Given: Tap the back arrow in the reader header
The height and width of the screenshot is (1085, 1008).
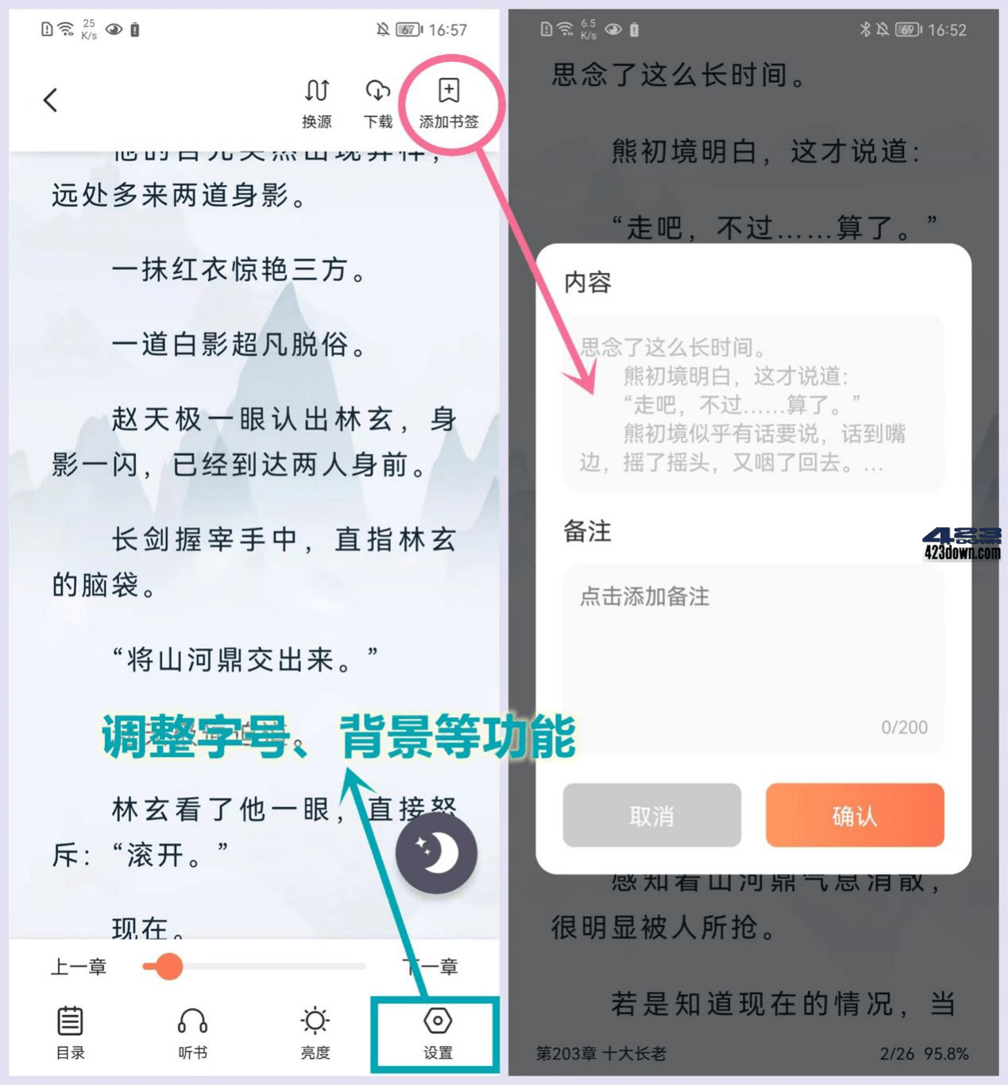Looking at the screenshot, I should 51,100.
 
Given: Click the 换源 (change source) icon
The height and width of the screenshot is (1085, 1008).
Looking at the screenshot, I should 317,102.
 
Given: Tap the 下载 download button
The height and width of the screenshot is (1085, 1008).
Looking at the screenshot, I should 378,102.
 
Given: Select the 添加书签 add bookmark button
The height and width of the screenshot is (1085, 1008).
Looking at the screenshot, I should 449,102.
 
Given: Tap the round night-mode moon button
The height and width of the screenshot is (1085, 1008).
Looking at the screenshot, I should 436,853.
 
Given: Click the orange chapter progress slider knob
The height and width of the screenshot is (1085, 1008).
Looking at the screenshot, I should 168,967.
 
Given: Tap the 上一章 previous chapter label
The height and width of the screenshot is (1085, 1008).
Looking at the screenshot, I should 79,967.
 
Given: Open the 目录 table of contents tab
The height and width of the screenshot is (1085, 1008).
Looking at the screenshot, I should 70,1032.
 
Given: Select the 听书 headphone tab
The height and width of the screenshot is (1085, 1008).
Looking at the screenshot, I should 192,1032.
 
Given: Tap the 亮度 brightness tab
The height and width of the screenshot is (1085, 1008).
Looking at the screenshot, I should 315,1032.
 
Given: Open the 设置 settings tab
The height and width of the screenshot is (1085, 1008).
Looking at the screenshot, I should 438,1032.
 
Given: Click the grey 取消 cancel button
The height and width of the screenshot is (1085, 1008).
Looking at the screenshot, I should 651,816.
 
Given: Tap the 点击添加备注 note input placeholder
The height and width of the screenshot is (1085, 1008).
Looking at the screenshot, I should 644,597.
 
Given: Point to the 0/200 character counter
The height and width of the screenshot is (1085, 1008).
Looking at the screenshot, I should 904,727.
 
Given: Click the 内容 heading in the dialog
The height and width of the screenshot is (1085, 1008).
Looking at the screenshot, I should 587,282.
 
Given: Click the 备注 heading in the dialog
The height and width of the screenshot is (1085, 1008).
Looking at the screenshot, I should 587,531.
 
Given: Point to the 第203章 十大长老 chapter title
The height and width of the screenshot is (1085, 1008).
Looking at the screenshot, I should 601,1053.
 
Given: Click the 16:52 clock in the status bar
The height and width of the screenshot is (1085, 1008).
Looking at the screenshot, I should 947,30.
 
